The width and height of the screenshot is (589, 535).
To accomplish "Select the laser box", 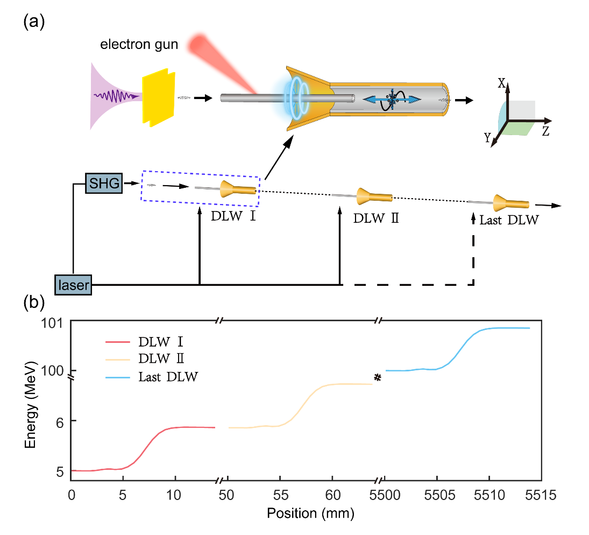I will pyautogui.click(x=74, y=284).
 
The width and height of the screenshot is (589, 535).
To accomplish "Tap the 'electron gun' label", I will pyautogui.click(x=139, y=45).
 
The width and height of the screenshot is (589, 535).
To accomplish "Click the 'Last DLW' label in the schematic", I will pyautogui.click(x=508, y=220).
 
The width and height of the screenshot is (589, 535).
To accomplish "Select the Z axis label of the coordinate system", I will pyautogui.click(x=545, y=131).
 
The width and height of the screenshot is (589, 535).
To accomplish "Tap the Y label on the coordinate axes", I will pyautogui.click(x=487, y=138).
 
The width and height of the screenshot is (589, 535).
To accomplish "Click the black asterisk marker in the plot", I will pyautogui.click(x=378, y=378).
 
